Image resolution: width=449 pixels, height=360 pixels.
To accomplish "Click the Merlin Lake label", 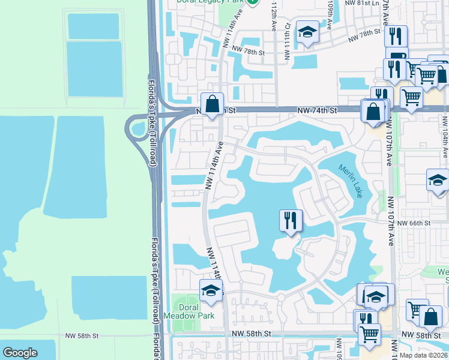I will coord(350,181).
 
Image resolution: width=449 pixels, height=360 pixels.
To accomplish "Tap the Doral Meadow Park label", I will coord(190,311).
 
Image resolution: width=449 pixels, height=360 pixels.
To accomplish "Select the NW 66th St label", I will coord(417,223).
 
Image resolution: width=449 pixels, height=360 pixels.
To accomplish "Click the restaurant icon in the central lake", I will coord(290,220).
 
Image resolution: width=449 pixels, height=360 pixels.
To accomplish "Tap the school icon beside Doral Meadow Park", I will coord(211,291).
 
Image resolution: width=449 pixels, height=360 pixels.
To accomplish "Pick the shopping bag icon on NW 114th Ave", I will coord(212,104).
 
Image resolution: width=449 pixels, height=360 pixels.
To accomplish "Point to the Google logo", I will coord(20,353).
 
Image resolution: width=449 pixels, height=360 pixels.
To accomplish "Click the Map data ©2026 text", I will coord(424,355).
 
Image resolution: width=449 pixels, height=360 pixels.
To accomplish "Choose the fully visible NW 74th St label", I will coord(318,110).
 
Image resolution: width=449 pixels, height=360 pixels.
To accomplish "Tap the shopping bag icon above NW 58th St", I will coord(430,317).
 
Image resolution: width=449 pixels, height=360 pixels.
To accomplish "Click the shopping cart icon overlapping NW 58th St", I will coord(369,335).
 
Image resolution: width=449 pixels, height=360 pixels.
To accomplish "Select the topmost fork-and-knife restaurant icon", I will coord(396,37).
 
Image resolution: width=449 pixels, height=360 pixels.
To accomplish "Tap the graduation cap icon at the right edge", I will coord(438,180).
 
